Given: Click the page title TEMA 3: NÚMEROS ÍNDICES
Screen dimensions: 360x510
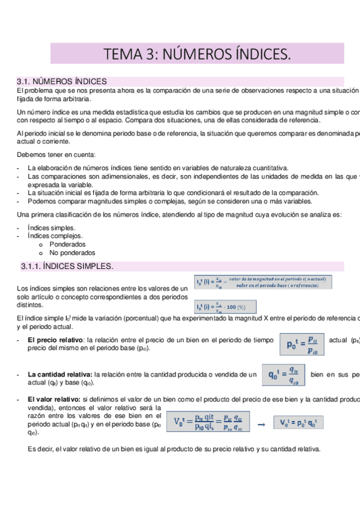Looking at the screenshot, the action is point(197,55).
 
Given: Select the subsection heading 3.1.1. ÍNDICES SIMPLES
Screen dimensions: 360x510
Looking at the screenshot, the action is point(67,266).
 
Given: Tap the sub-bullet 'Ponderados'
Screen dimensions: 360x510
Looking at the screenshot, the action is point(67,245).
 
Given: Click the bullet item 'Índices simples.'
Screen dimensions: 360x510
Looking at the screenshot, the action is point(52,228).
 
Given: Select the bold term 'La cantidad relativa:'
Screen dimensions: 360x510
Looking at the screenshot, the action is point(60,375).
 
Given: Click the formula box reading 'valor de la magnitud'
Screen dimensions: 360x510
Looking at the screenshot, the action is point(263,282).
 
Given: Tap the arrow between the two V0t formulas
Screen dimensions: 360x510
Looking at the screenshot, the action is point(261,424).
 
